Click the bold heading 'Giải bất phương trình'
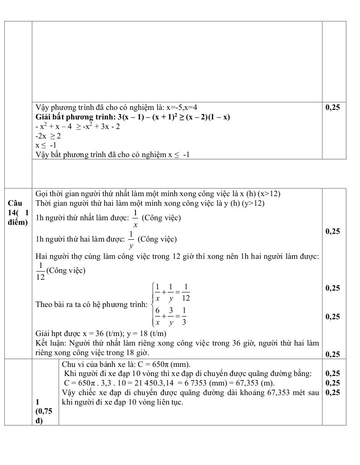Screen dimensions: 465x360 pos(75,117)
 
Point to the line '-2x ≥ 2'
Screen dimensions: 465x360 pos(48,136)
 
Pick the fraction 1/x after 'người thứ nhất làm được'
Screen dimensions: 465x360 pos(135,218)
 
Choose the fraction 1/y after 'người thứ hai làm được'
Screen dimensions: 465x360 pos(131,239)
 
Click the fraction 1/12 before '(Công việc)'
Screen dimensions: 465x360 pos(40,271)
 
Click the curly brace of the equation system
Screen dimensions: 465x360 pos(151,304)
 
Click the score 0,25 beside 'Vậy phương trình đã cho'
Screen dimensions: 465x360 pos(333,108)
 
